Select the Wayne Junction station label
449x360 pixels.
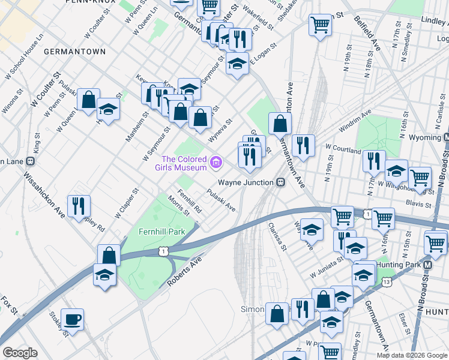[246, 182]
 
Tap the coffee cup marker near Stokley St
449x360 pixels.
[73, 320]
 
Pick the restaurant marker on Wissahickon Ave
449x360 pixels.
[79, 206]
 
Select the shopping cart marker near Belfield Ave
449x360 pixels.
[321, 26]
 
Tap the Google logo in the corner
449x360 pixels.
[20, 353]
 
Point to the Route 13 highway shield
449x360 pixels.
[387, 281]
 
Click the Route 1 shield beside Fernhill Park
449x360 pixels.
[163, 252]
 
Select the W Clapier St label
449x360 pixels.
[128, 199]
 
